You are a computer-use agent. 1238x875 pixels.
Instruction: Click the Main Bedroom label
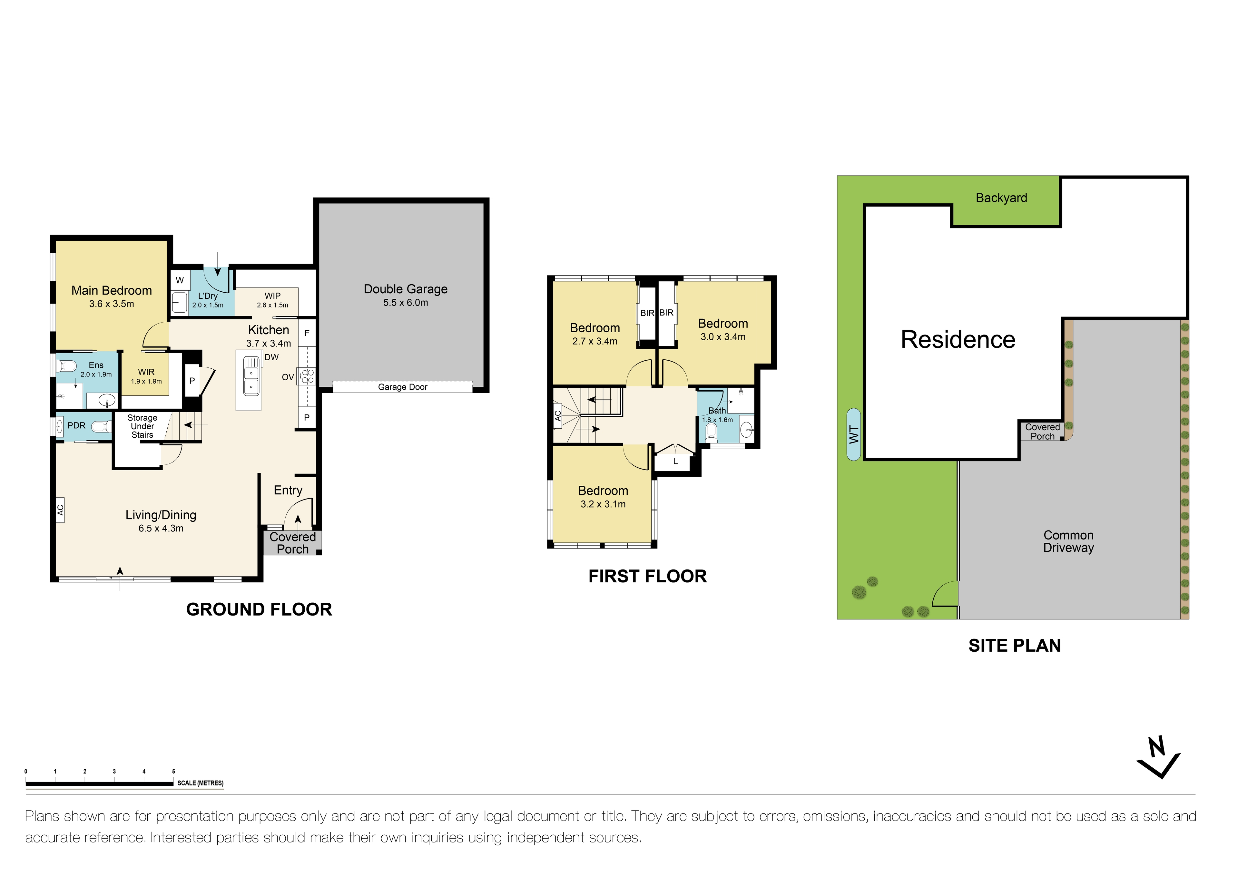112,291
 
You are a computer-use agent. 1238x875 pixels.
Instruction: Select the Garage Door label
403,387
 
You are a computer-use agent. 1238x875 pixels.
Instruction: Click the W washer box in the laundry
180,280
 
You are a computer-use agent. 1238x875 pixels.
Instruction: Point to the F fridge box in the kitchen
307,333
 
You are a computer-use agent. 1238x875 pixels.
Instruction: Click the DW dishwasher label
271,357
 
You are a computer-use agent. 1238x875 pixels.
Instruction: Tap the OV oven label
288,377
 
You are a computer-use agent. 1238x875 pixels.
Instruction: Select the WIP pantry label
272,296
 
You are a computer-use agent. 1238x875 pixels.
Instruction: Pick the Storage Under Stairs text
142,426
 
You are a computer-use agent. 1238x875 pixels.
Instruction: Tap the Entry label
288,490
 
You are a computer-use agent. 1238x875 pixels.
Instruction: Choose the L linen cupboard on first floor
675,462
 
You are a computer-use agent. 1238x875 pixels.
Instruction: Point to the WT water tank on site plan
854,434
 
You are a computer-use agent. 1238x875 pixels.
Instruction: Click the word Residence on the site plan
958,340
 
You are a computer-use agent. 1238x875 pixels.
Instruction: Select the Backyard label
1001,198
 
